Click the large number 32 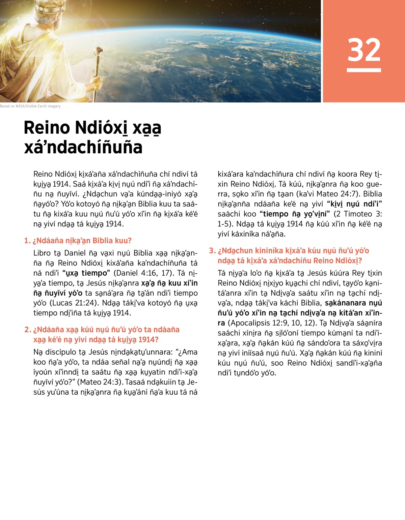coord(364,50)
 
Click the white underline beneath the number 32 coord(364,70)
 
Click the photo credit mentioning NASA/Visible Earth coord(30,106)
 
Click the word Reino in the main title coord(47,128)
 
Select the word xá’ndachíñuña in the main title coord(83,147)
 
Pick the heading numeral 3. coord(212,251)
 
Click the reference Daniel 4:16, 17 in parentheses coord(145,273)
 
